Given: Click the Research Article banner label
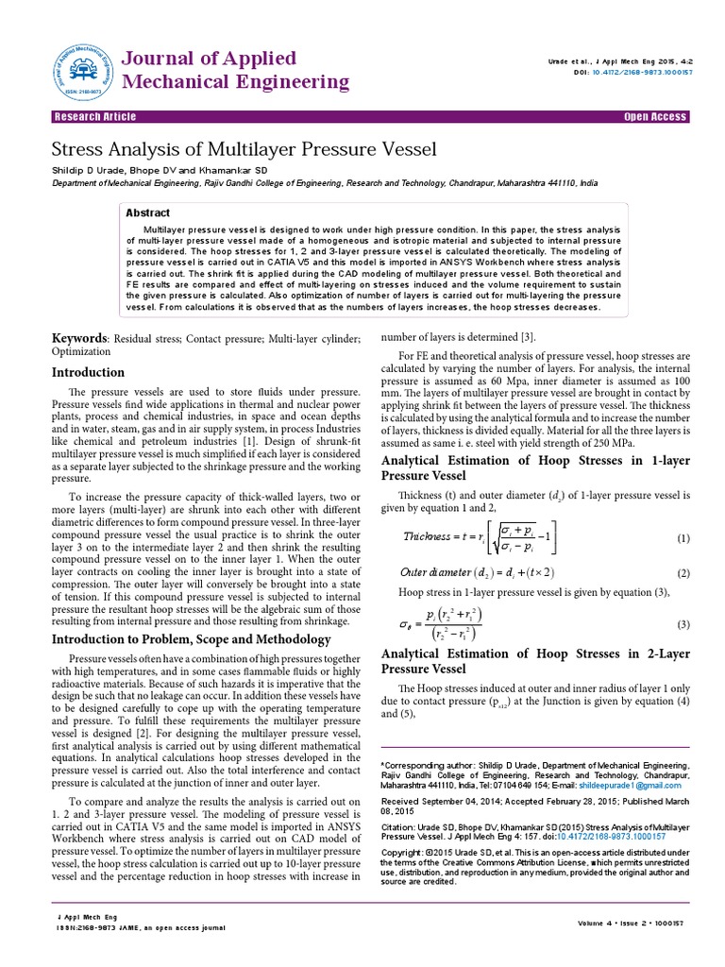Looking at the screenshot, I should click(x=94, y=117).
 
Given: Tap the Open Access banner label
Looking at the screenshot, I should click(x=655, y=117).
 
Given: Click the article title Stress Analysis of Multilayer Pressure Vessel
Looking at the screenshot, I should click(x=244, y=149).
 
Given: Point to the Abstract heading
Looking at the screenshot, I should click(x=148, y=213).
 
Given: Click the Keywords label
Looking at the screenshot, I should click(x=79, y=338).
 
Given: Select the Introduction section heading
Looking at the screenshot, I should click(x=88, y=372).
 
